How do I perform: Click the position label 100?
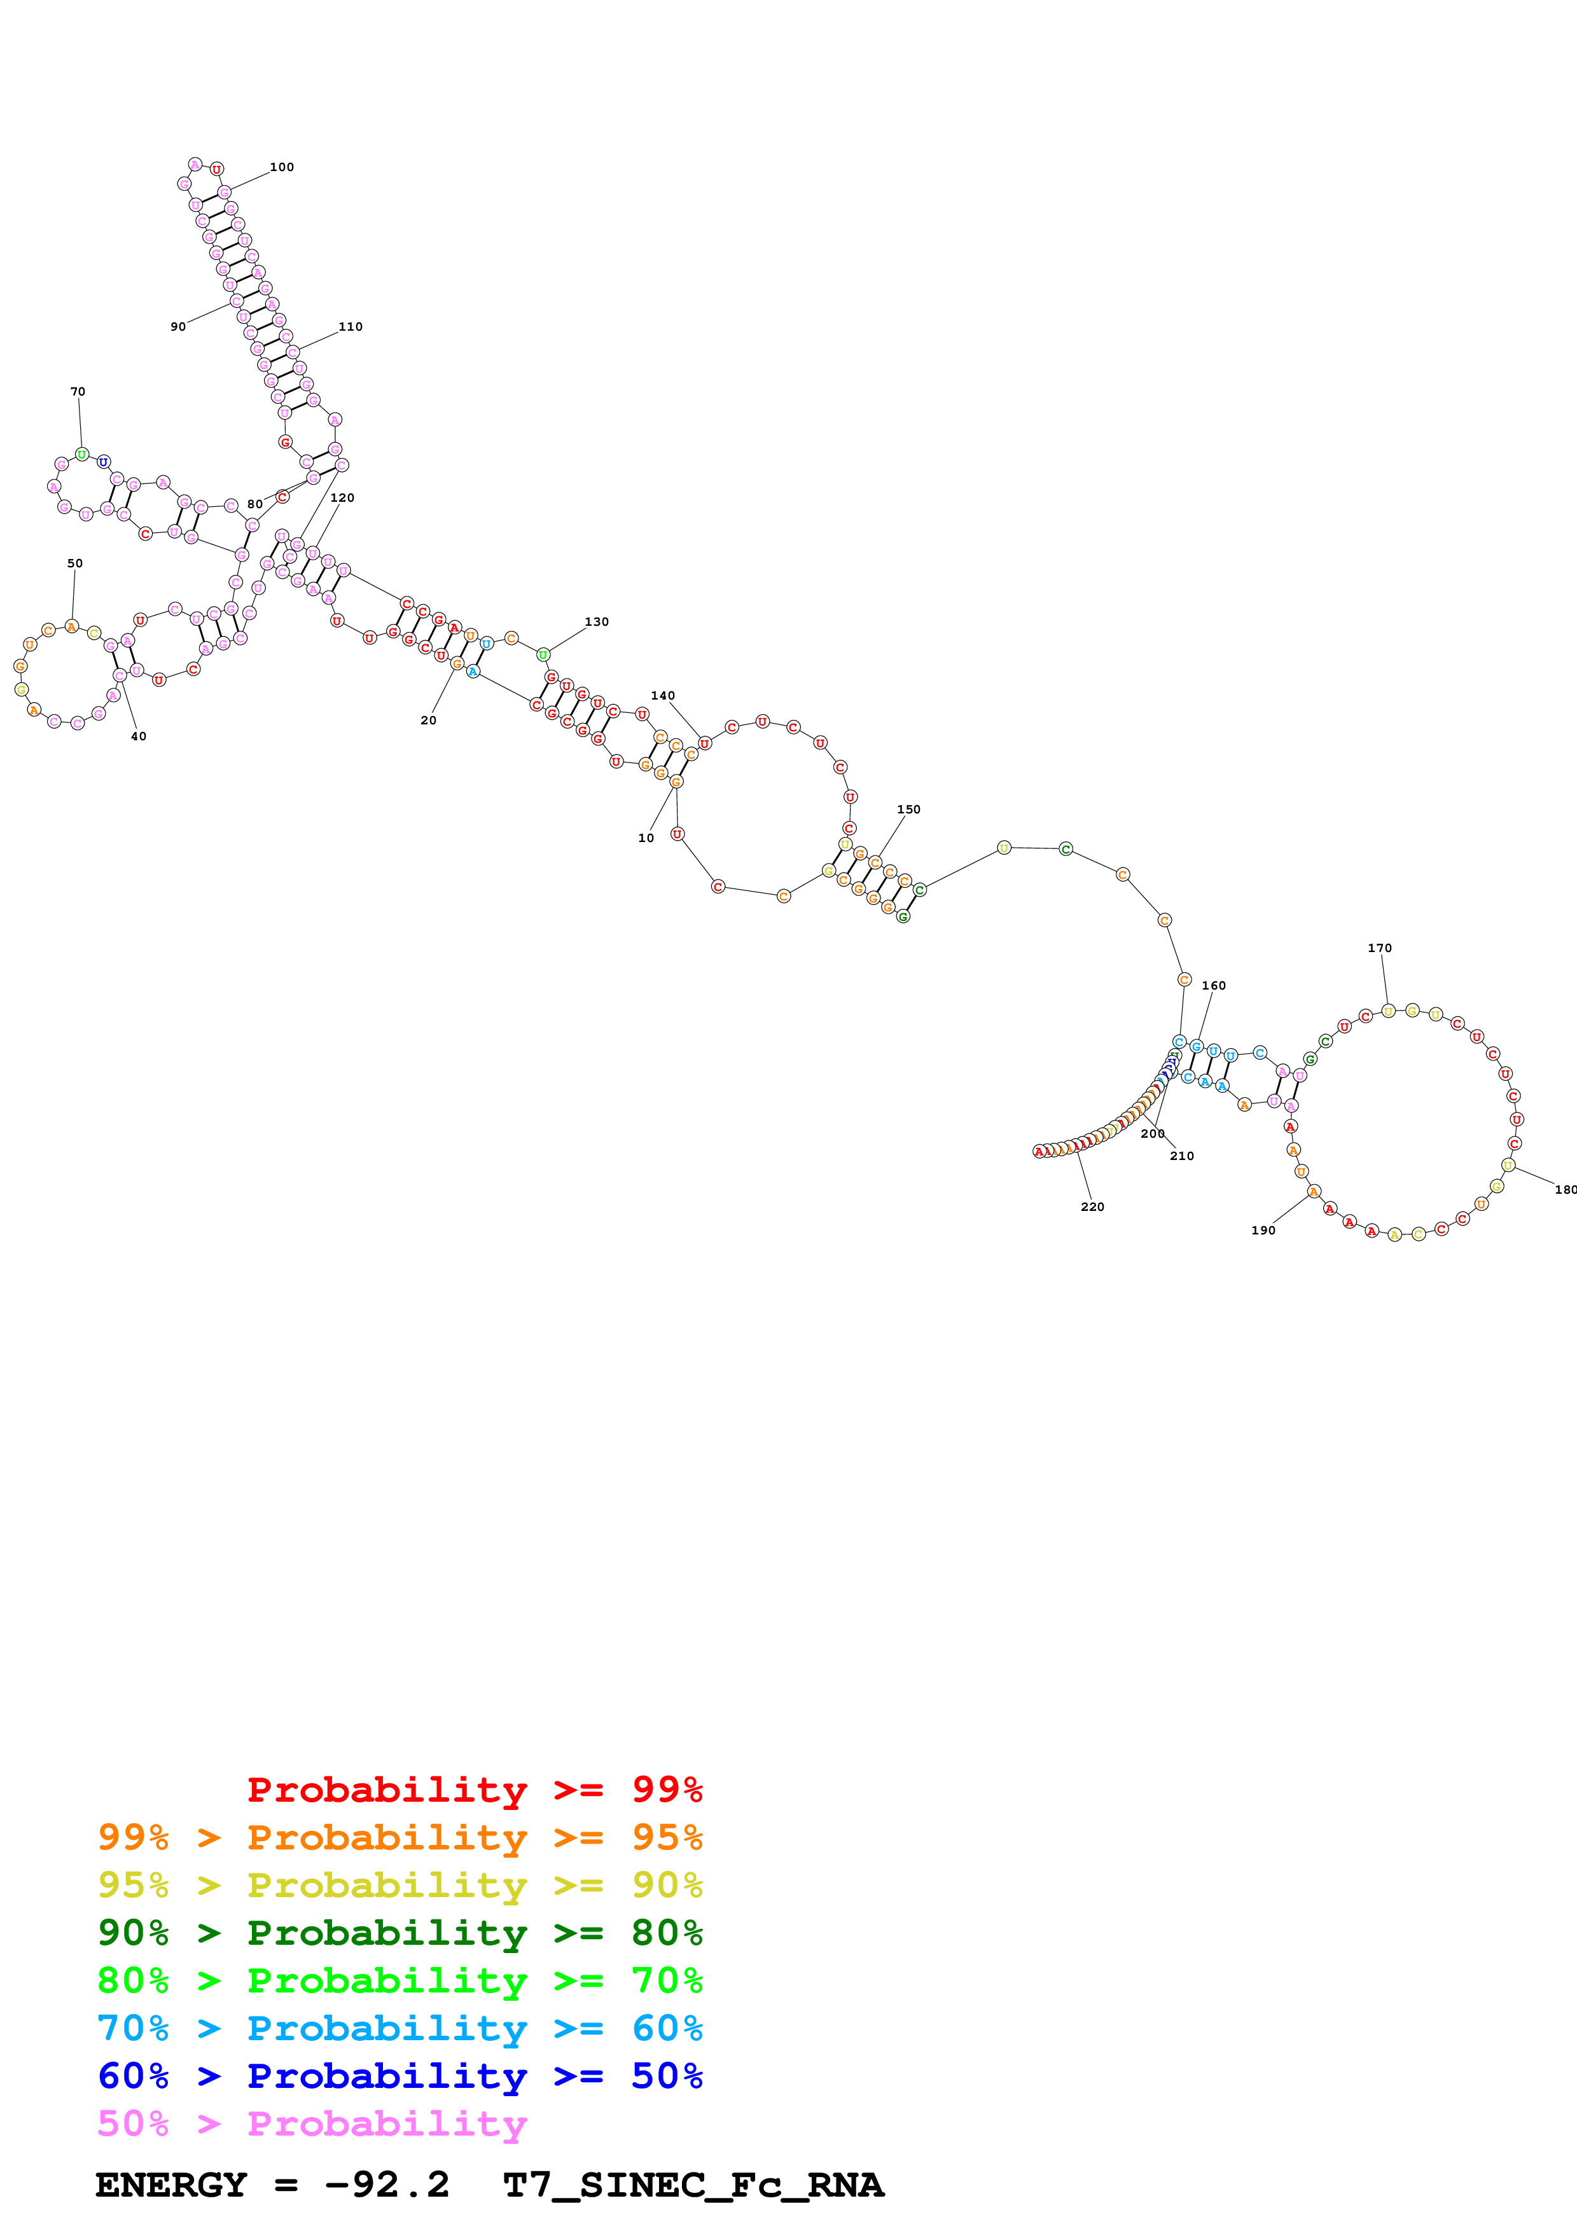tap(282, 167)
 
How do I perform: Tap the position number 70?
tap(78, 392)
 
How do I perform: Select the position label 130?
tap(597, 622)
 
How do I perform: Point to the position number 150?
tap(908, 810)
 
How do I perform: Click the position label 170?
tap(1380, 948)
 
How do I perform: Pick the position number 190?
tap(1263, 1230)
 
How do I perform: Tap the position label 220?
tap(1092, 1207)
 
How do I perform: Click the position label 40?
tap(139, 736)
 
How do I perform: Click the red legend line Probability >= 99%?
tap(474, 1789)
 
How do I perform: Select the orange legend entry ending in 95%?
tap(399, 1837)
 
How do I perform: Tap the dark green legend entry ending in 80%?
tap(399, 1933)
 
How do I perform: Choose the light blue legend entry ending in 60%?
tap(399, 2028)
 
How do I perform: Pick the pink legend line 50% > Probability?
tap(311, 2123)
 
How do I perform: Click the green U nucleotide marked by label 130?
tap(543, 655)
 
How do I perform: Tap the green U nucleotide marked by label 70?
tap(81, 454)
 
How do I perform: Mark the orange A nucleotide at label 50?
tap(71, 626)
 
